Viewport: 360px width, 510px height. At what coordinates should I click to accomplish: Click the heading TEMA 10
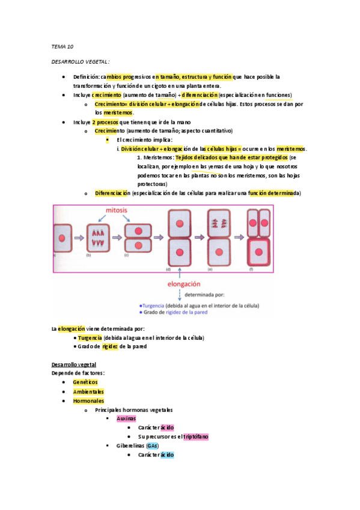tap(62, 46)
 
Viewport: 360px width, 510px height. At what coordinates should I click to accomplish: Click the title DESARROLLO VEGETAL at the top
tap(79, 62)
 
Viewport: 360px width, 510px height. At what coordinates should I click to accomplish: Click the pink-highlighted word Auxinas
tap(126, 418)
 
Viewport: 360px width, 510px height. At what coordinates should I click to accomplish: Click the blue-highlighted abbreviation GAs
tap(153, 446)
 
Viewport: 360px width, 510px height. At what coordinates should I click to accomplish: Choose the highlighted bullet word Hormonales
tap(88, 401)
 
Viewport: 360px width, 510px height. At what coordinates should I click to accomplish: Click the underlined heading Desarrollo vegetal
tap(75, 365)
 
